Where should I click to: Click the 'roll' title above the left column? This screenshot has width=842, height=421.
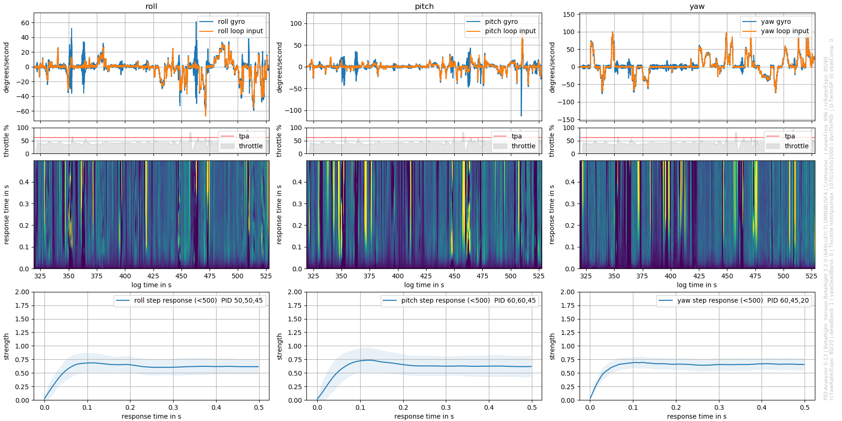click(151, 7)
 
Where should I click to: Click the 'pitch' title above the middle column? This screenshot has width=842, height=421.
click(424, 7)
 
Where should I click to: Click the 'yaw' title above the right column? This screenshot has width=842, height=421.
click(697, 7)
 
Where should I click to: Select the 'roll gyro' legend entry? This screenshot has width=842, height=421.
click(231, 22)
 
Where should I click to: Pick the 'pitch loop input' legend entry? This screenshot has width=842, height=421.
click(510, 31)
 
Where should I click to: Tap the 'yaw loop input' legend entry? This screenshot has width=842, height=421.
click(784, 31)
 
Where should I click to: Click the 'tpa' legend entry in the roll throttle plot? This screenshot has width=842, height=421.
click(244, 136)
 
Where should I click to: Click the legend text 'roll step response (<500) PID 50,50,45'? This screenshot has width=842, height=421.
click(198, 300)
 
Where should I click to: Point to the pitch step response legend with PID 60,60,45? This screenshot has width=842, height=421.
click(468, 300)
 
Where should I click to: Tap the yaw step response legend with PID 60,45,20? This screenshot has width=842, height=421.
click(743, 300)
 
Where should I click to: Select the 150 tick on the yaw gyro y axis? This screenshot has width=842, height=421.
click(568, 15)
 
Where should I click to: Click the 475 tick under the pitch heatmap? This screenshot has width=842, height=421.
click(482, 276)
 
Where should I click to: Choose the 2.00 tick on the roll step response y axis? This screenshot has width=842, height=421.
click(22, 292)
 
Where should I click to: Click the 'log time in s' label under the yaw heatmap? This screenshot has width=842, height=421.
click(697, 285)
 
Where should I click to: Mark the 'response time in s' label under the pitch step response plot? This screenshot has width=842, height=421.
click(424, 416)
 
